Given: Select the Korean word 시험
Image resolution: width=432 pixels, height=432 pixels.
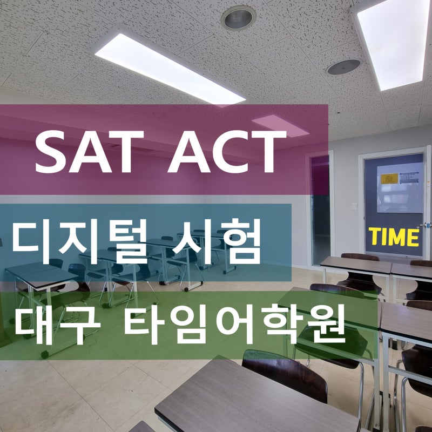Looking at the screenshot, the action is [216, 241].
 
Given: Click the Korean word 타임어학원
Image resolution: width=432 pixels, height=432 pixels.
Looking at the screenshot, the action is [234, 324].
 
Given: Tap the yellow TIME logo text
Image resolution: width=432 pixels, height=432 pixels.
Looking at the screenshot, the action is [394, 237].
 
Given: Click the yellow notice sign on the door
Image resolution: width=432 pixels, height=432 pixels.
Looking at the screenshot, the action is [389, 178].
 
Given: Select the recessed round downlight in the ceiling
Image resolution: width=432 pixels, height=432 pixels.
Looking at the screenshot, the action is [238, 18].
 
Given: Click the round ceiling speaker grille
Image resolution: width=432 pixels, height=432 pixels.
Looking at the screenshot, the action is [344, 66].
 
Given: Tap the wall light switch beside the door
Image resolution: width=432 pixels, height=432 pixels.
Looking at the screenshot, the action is [354, 206].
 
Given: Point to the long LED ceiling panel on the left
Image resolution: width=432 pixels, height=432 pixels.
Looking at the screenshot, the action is [170, 69].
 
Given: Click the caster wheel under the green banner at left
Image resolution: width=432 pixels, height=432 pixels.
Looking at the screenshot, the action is [45, 355].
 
